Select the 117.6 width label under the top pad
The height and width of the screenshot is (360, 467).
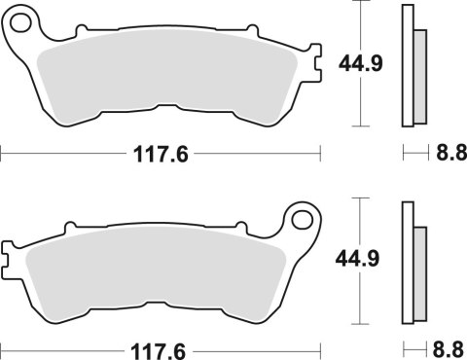coord(160,153)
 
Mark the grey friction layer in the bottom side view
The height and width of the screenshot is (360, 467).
coord(420,269)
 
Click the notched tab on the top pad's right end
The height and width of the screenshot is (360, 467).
coord(315,66)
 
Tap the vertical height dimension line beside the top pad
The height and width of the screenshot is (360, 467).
coord(363,97)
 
